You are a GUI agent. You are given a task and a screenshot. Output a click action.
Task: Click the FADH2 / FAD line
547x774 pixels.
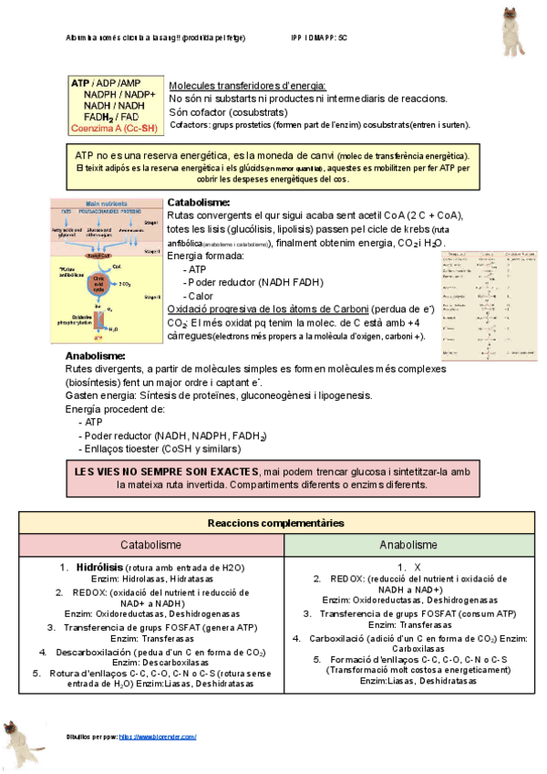[x=111, y=117]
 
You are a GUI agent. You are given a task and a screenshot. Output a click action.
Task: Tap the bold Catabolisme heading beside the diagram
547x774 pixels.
[x=199, y=202]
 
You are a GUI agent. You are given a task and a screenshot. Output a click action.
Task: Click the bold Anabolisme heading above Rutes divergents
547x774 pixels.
[x=95, y=356]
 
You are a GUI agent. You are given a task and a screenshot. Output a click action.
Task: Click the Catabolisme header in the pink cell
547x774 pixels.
[x=150, y=545]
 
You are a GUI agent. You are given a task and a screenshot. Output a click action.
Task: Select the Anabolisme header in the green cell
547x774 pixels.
[x=408, y=545]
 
